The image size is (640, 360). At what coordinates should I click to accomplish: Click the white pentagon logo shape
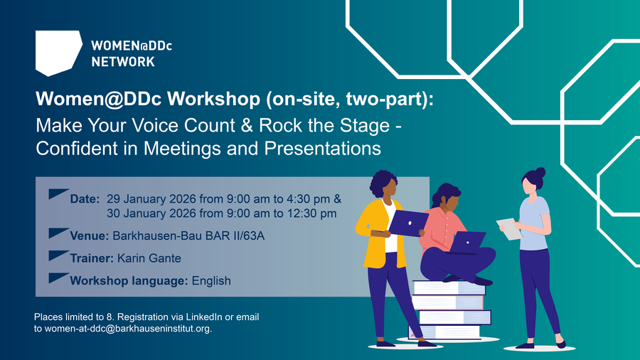[58, 52]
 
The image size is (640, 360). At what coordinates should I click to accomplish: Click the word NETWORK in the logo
[123, 62]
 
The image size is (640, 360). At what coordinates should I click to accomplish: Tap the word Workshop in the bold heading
[213, 99]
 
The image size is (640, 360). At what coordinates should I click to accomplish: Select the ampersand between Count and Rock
[247, 125]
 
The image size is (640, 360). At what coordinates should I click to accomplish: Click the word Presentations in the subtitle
[322, 149]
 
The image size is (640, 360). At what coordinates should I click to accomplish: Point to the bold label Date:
[85, 199]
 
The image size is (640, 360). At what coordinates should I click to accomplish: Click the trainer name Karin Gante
[149, 258]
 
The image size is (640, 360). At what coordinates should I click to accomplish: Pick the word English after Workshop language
[211, 281]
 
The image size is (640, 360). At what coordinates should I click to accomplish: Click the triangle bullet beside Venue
[58, 233]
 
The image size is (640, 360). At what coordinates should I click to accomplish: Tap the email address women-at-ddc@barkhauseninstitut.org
[128, 329]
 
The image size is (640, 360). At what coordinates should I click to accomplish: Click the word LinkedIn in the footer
[204, 317]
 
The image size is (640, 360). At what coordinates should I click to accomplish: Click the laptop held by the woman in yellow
[407, 223]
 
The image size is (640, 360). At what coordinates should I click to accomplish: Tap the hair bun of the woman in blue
[540, 172]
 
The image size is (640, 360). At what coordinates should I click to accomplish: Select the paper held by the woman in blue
[509, 229]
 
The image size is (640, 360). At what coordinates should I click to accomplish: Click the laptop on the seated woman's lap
[467, 243]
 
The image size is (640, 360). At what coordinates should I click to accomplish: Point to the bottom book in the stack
[444, 332]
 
